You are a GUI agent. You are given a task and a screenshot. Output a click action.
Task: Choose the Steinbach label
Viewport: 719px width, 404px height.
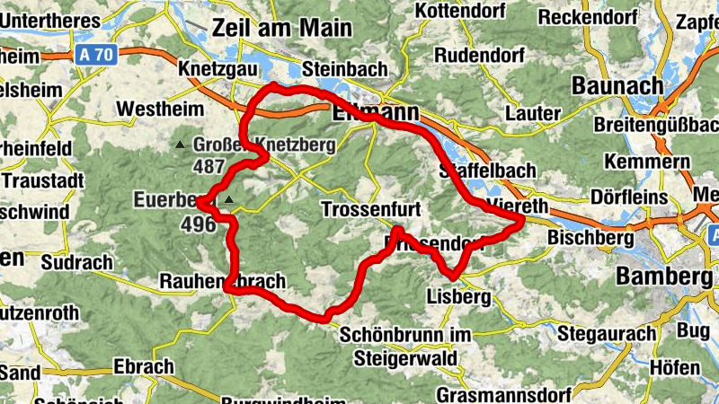tap(345, 69)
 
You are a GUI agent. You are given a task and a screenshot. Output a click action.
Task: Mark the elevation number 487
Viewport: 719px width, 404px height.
tap(208, 166)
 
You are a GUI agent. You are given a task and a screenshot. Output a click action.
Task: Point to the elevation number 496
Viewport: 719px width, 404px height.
tap(199, 224)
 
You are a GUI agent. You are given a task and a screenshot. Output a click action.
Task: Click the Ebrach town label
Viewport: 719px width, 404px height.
tap(143, 366)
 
